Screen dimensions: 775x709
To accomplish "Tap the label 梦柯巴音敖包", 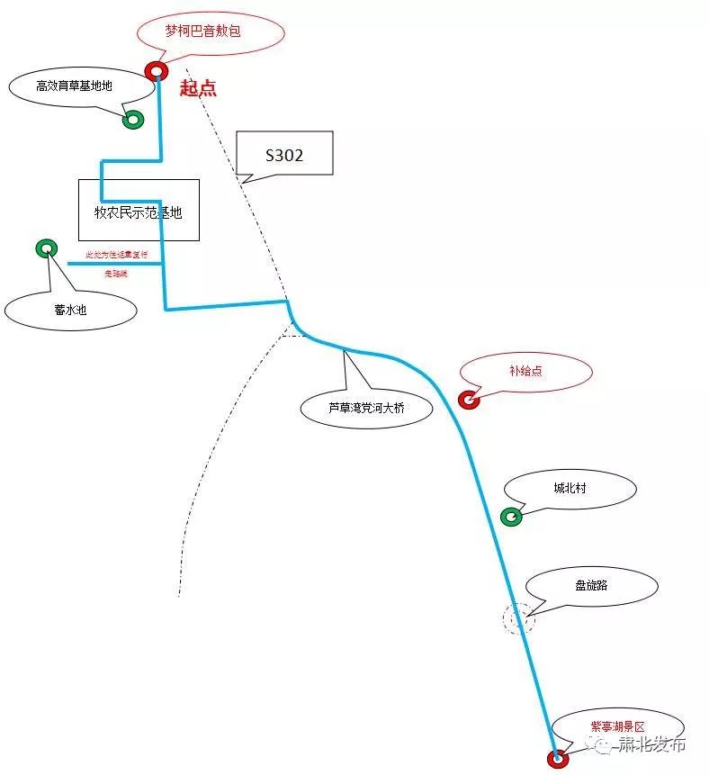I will (x=211, y=33).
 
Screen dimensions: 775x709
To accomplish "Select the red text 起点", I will (x=198, y=88).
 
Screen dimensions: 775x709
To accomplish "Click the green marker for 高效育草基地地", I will (x=133, y=119).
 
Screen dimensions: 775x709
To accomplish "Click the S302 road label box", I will (x=284, y=155).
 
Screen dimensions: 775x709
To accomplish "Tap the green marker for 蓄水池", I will (x=46, y=248).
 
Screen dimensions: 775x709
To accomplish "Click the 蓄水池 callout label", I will (x=70, y=310).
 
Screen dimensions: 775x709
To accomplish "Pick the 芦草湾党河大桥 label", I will (x=366, y=408).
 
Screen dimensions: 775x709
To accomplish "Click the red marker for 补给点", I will (x=468, y=400).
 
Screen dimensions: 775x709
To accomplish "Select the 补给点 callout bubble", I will (x=525, y=371).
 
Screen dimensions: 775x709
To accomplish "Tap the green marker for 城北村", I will (x=510, y=517).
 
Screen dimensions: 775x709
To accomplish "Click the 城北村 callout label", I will (x=570, y=489).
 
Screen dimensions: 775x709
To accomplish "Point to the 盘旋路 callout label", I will (x=591, y=585).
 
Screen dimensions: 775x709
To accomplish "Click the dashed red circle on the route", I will (x=518, y=618).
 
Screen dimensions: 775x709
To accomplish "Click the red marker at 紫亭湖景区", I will (x=558, y=759).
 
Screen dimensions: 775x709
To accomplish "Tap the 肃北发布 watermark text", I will (x=651, y=745).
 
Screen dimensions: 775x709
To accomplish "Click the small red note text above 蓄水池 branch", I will (x=116, y=255).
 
